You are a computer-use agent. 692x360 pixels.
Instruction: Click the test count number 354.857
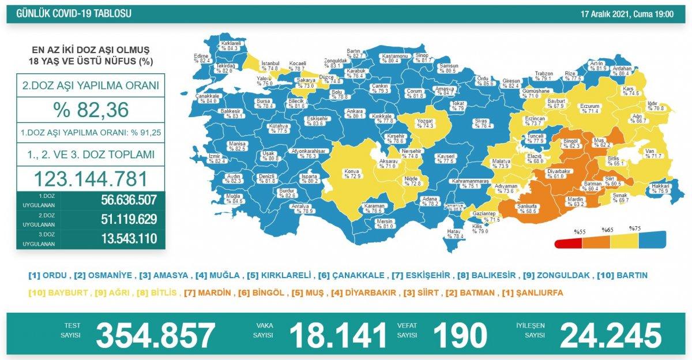pos(156,335)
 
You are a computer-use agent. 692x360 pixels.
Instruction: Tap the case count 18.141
pos(338,335)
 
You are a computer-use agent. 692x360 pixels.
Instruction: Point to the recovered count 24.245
pos(611,335)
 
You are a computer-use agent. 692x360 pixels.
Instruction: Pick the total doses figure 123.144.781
pos(91,178)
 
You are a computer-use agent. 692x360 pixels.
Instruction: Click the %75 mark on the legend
pos(635,228)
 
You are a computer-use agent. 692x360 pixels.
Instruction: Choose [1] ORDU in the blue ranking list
pos(48,275)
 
